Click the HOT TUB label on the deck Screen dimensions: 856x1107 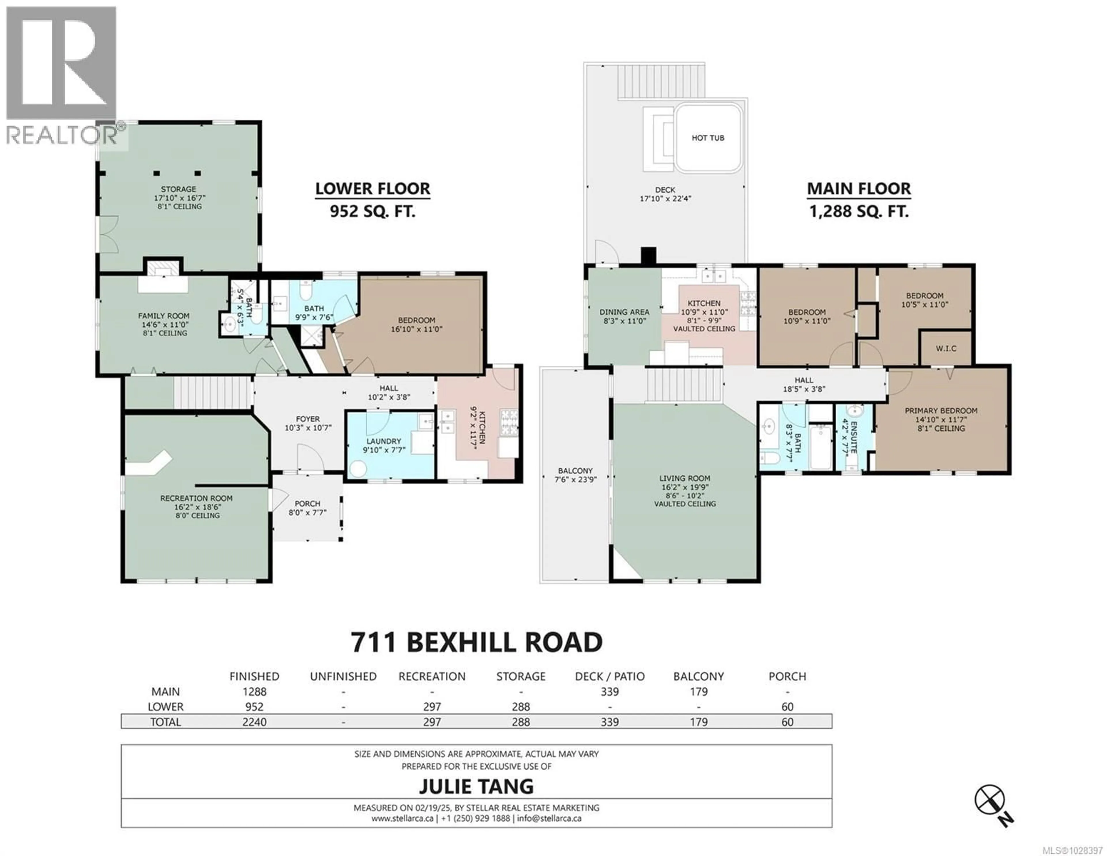pyautogui.click(x=708, y=138)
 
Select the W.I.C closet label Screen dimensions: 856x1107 pyautogui.click(x=946, y=349)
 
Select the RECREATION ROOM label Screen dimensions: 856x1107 pyautogui.click(x=197, y=498)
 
